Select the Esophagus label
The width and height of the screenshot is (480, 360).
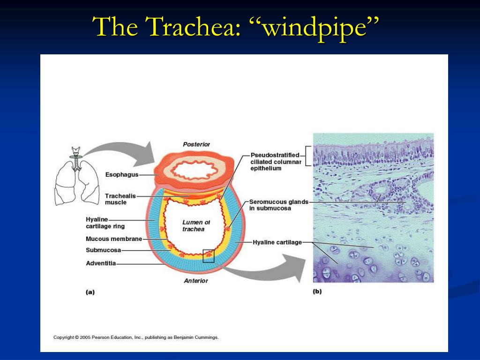[x=122, y=175]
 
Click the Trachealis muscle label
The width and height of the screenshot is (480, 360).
[x=120, y=199]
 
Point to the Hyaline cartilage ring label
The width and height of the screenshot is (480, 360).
[x=105, y=223]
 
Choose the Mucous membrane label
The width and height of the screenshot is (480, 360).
[x=114, y=239]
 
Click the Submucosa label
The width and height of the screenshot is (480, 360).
[x=103, y=250]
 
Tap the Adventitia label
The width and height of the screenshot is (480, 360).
[x=101, y=263]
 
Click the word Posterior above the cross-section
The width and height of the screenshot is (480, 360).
[x=196, y=144]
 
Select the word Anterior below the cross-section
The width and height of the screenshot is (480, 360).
[x=195, y=281]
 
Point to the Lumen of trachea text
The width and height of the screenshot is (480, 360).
[x=196, y=225]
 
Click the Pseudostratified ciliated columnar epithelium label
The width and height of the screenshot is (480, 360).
[x=276, y=162]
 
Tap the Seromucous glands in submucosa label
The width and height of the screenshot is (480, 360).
[x=278, y=205]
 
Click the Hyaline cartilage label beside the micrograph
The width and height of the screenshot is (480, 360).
[x=277, y=242]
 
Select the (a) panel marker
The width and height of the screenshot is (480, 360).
[x=90, y=292]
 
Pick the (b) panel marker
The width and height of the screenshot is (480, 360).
[x=317, y=291]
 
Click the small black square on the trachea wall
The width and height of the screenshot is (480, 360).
[x=209, y=256]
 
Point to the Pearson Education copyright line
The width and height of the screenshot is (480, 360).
[x=136, y=337]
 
